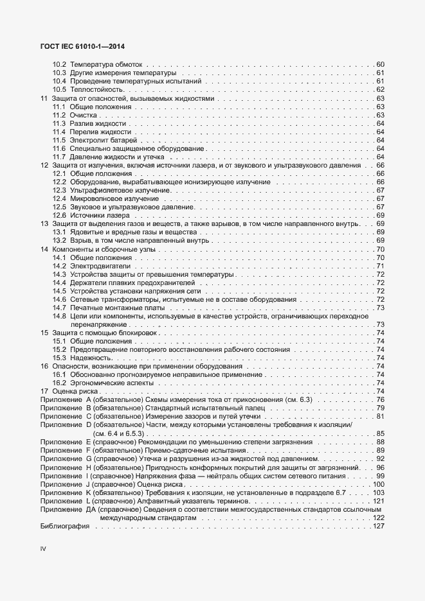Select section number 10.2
click(x=59, y=64)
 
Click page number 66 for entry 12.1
click(x=380, y=173)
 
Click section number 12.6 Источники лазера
click(x=59, y=215)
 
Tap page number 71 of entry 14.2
click(x=380, y=266)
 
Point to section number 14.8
click(x=59, y=316)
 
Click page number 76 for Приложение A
click(x=380, y=400)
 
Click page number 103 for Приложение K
click(x=378, y=492)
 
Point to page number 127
click(x=378, y=526)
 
